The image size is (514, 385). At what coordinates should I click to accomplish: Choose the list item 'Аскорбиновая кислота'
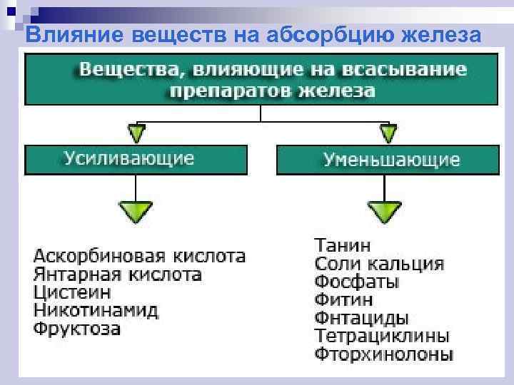pyautogui.click(x=140, y=256)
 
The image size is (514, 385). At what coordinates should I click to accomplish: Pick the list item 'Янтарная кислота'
pyautogui.click(x=118, y=274)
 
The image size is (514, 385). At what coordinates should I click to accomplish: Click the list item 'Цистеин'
pyautogui.click(x=72, y=293)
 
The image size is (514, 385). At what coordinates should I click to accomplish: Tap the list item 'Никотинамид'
pyautogui.click(x=96, y=312)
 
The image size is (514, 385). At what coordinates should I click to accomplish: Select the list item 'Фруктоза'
pyautogui.click(x=78, y=330)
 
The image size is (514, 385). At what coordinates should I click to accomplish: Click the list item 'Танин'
pyautogui.click(x=343, y=245)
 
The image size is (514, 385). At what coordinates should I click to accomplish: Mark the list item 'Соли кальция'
pyautogui.click(x=379, y=264)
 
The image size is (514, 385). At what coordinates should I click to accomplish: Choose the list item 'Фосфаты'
pyautogui.click(x=357, y=282)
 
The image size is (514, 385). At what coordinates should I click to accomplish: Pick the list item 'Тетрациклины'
pyautogui.click(x=382, y=336)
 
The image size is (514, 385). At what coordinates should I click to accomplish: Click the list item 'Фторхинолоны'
pyautogui.click(x=383, y=354)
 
